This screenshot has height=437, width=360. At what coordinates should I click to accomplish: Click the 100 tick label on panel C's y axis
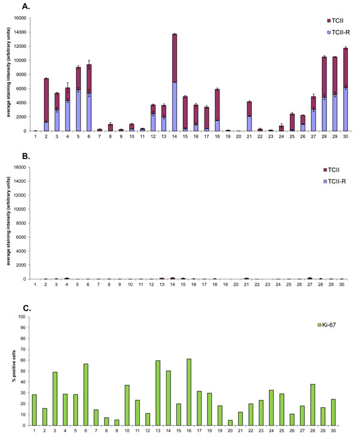click(23, 317)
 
